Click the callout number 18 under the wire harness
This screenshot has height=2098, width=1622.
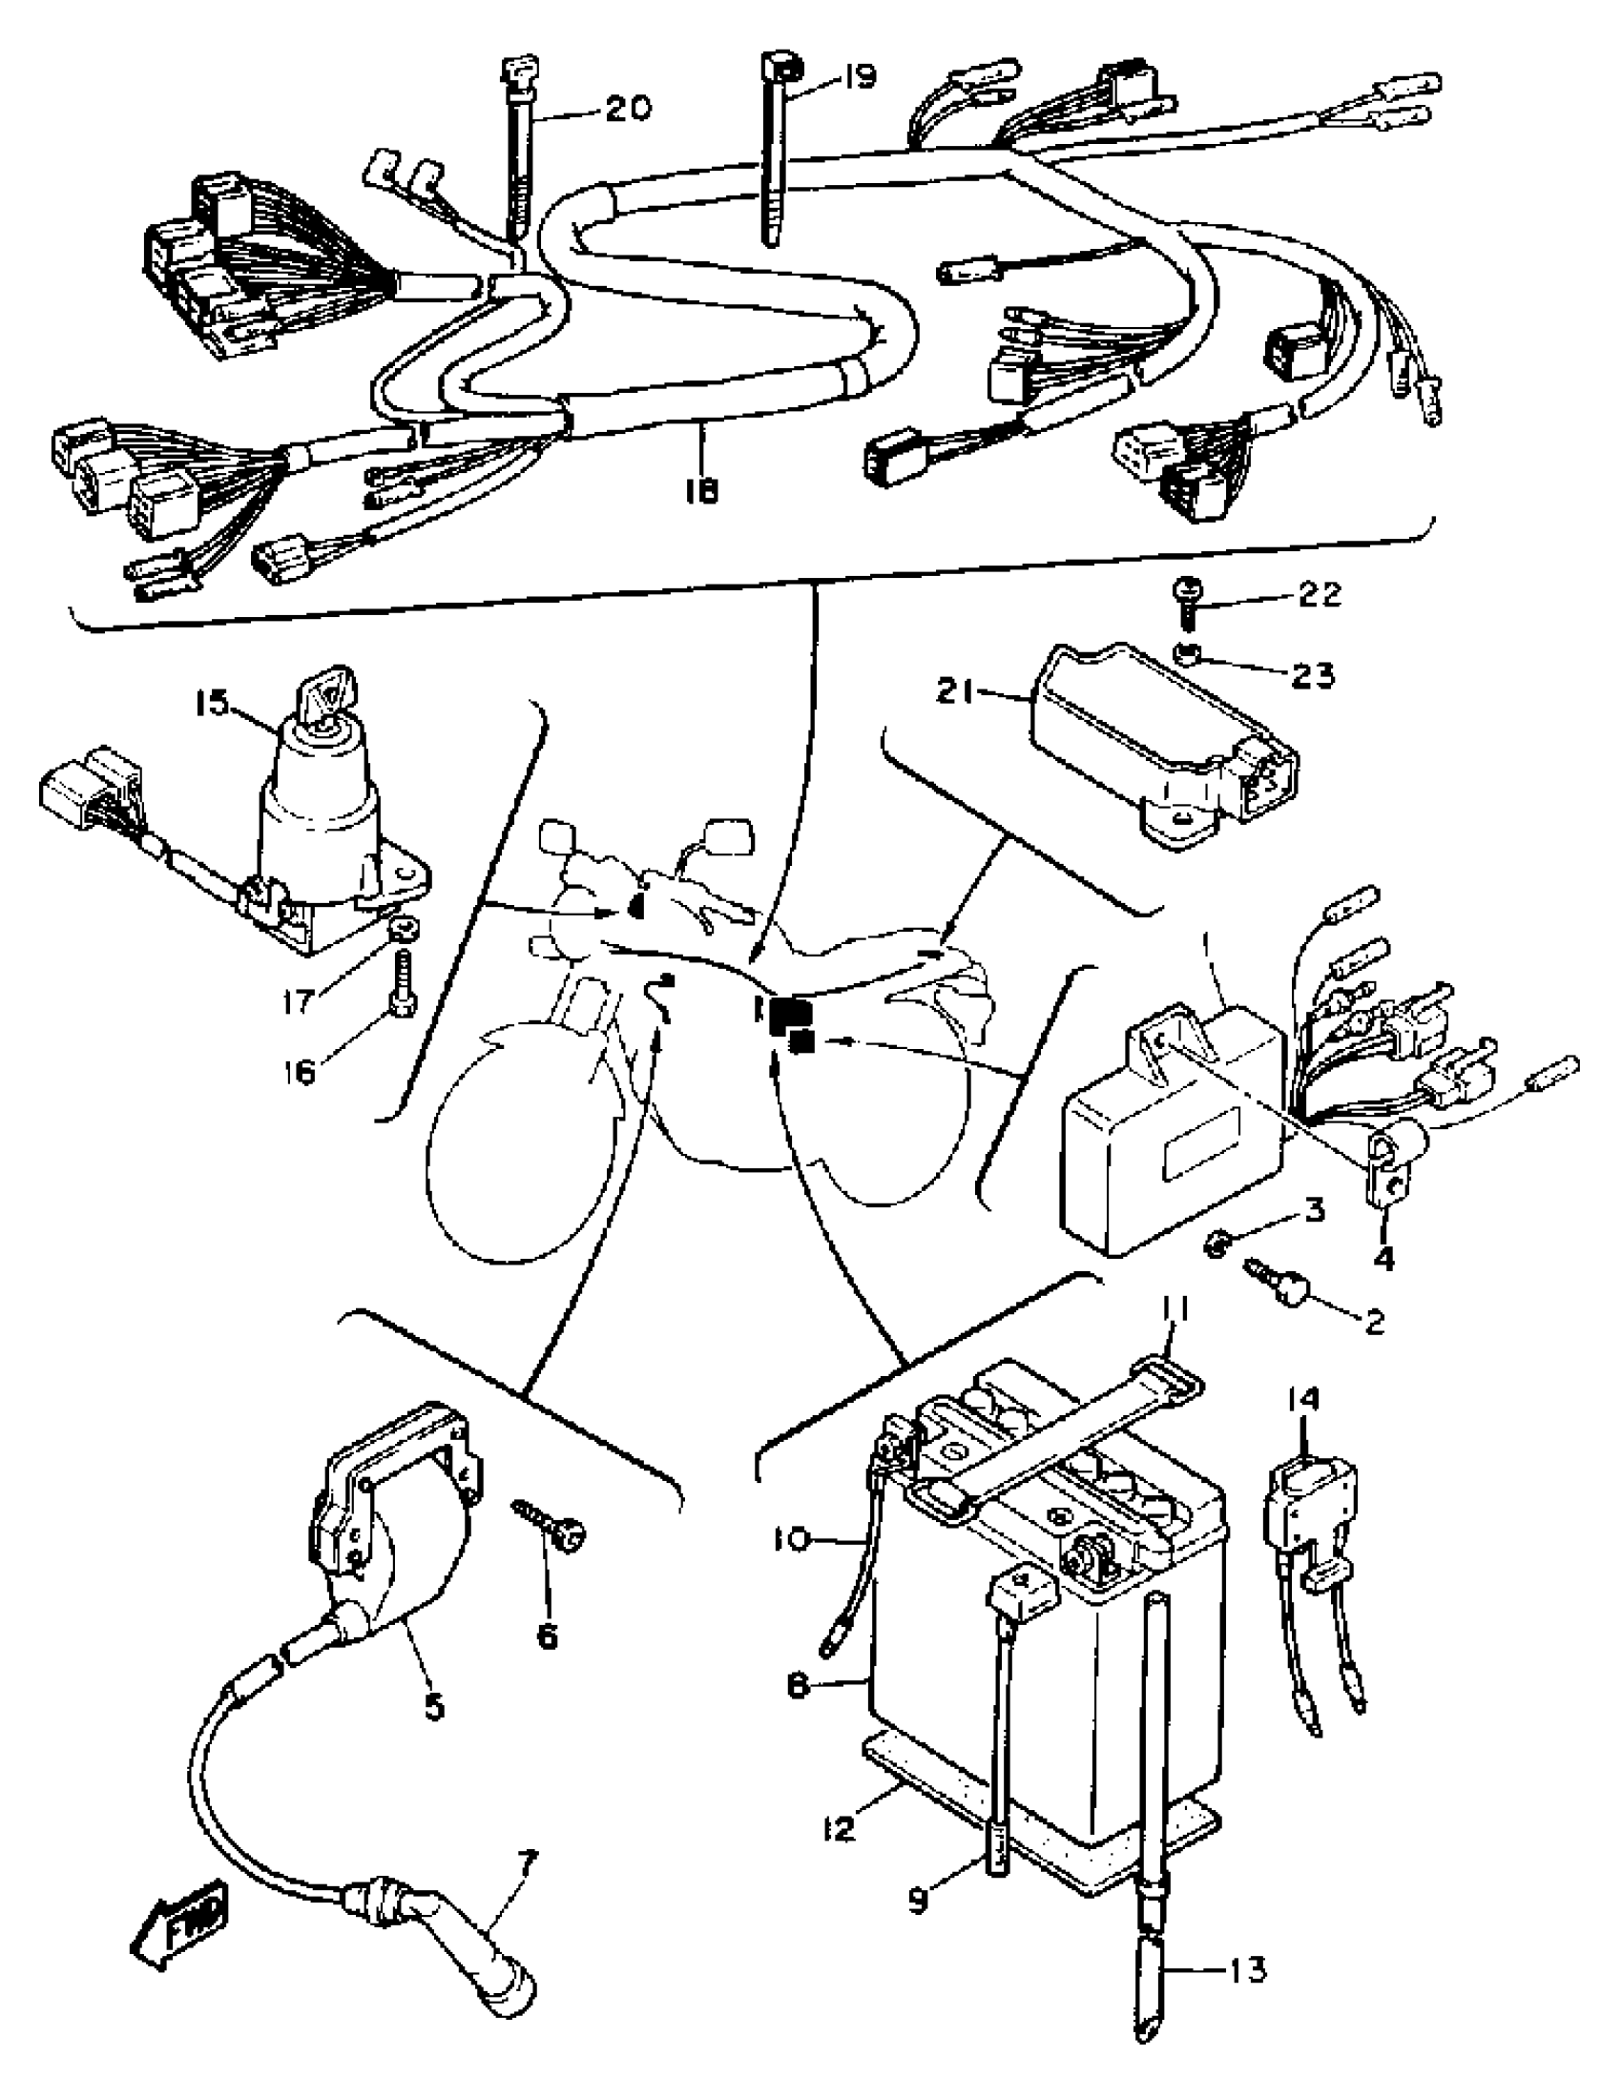[701, 491]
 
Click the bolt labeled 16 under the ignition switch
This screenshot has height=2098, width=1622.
[403, 980]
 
